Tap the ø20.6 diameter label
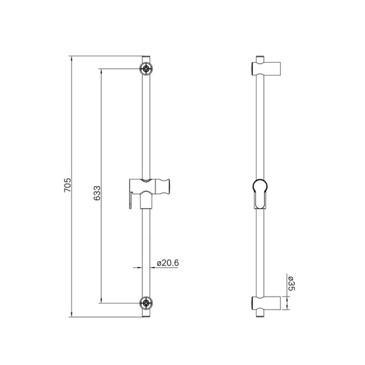167,263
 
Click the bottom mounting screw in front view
146,302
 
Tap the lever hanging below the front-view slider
130,201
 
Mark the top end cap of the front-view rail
146,58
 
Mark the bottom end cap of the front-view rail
146,313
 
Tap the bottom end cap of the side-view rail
259,313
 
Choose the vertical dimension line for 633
101,137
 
